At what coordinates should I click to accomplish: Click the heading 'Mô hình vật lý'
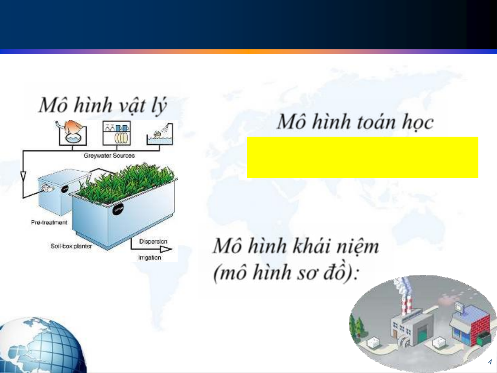tap(103, 105)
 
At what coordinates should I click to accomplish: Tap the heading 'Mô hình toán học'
tap(356, 122)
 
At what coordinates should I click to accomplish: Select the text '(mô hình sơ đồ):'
tap(286, 273)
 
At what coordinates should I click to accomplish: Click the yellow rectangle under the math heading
tap(362, 157)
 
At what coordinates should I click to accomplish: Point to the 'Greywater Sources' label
tap(109, 156)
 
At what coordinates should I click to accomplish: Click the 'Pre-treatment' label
tap(49, 223)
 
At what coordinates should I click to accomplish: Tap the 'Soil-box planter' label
tap(71, 246)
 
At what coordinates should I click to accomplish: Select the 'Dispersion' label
tap(153, 242)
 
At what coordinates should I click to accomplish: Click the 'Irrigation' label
tap(150, 258)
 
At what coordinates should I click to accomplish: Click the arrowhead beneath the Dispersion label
tap(166, 249)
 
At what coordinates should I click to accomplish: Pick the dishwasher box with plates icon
tap(117, 133)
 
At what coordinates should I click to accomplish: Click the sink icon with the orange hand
tap(72, 133)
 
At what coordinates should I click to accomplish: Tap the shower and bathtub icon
tap(160, 134)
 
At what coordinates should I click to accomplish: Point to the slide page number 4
tap(490, 362)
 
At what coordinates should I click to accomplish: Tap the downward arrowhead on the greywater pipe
tap(23, 176)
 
